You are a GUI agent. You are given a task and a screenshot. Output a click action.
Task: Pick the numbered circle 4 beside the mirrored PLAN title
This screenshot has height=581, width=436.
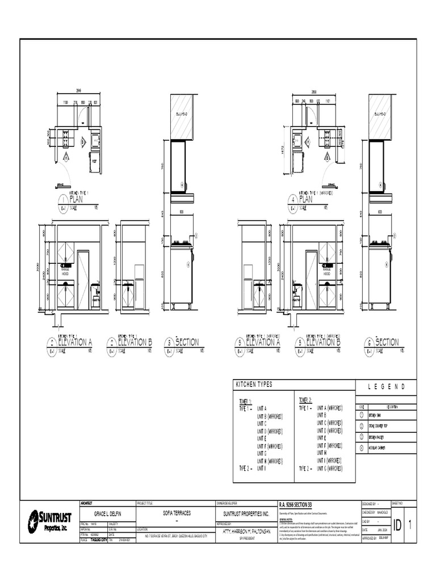292,200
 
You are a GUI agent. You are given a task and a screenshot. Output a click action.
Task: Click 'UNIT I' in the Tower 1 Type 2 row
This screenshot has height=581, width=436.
262,469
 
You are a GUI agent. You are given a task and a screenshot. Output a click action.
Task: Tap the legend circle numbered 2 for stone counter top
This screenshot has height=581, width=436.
362,427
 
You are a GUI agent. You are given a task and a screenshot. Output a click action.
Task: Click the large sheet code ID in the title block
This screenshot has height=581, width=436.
397,527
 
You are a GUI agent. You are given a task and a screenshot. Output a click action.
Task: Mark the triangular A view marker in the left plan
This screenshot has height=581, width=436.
66,158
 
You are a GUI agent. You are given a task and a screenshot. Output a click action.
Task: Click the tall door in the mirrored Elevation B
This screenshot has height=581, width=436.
311,280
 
